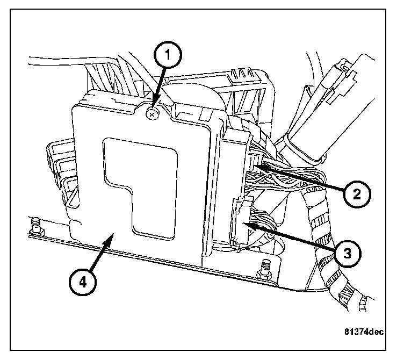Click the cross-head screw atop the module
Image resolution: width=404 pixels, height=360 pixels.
point(153,113)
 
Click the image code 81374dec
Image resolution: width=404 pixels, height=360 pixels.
point(363,332)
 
